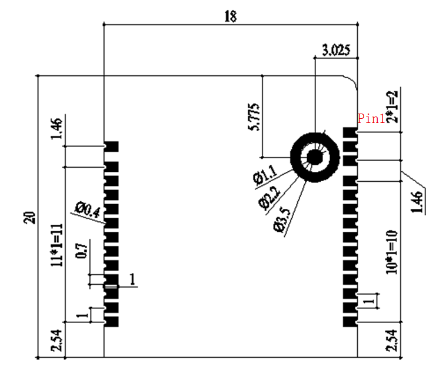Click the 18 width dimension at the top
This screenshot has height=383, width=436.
click(230, 16)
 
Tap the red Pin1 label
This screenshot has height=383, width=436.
click(371, 119)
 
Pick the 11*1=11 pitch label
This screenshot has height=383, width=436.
click(56, 245)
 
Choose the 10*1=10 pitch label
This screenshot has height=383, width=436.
click(392, 252)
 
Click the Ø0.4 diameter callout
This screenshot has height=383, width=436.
click(88, 208)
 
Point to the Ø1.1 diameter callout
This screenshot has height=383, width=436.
click(264, 175)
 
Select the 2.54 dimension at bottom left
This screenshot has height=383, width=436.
click(56, 341)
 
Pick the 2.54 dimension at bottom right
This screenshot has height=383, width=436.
click(392, 341)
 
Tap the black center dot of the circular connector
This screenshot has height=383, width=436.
click(315, 157)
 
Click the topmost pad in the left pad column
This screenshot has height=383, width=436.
click(112, 146)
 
